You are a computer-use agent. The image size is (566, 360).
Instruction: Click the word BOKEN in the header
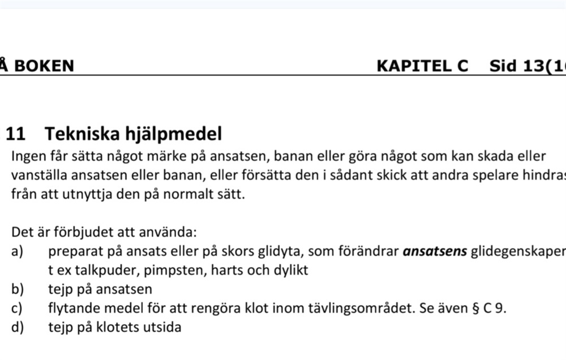point(44,66)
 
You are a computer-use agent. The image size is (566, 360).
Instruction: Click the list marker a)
point(18,251)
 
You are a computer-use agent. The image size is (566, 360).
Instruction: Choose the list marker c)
point(17,308)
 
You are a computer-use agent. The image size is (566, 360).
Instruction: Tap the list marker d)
point(18,327)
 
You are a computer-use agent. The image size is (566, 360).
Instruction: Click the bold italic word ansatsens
point(435,251)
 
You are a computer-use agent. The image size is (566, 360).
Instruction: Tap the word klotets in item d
point(125,327)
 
